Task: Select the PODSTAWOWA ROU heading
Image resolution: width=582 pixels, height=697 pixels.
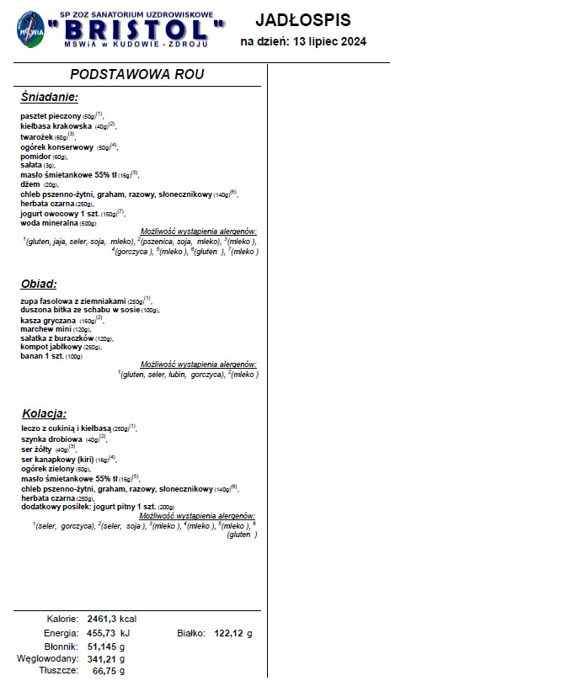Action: pos(137,74)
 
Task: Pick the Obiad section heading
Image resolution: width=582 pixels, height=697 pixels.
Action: pos(39,284)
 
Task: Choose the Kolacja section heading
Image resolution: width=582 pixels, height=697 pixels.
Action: pos(44,413)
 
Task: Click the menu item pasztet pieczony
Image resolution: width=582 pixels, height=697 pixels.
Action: pos(51,115)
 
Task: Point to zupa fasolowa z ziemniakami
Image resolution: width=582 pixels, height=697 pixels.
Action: pos(72,301)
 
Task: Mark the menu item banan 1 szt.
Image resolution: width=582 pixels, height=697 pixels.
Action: pos(42,356)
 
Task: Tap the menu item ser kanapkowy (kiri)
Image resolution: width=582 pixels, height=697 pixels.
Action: pos(57,460)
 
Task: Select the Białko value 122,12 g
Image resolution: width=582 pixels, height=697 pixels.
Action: pos(233,633)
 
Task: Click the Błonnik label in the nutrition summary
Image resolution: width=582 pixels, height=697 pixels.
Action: pos(62,646)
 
